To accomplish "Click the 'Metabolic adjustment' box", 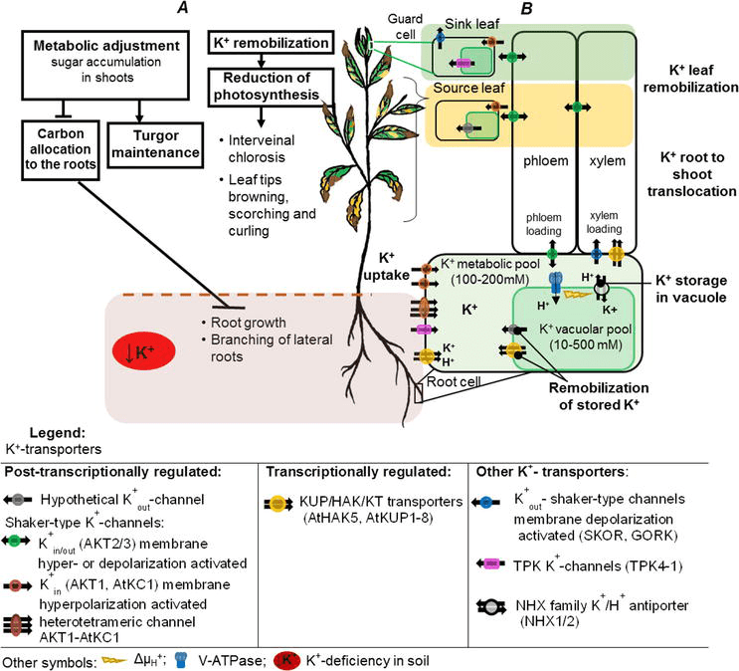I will (106, 59).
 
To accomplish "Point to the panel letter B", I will (526, 9).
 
